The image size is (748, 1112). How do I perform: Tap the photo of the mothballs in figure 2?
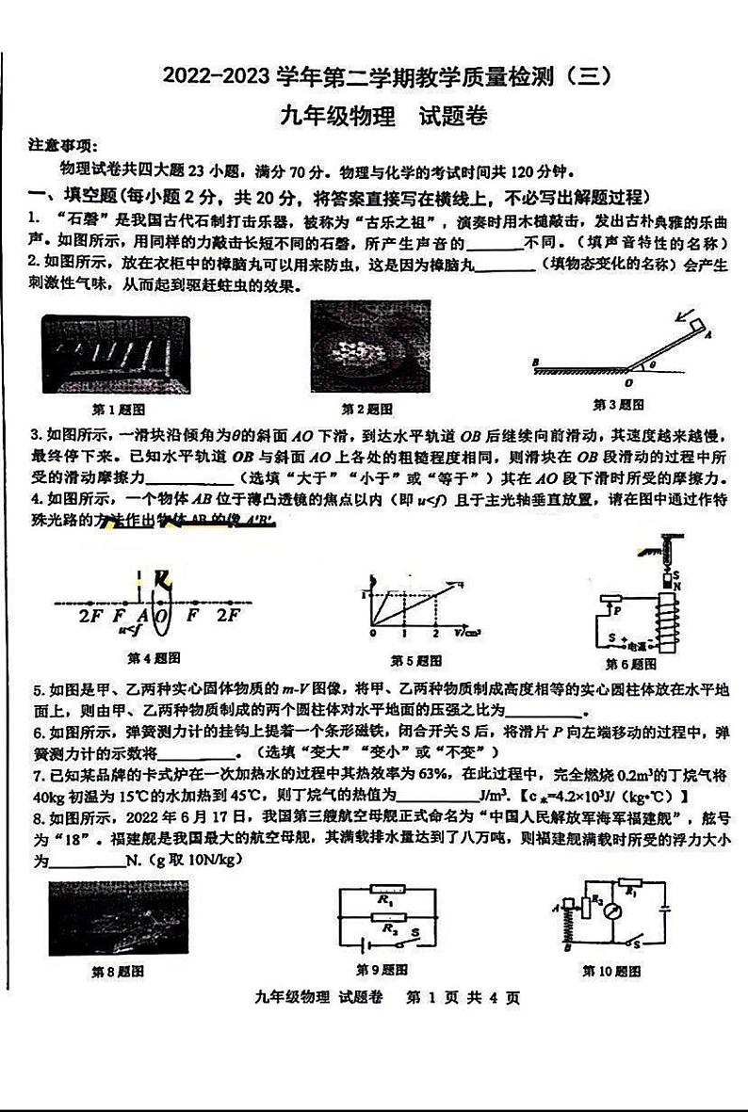pos(369,347)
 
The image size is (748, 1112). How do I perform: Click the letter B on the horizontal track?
pos(535,362)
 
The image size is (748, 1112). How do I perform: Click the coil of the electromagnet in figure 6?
pos(671,622)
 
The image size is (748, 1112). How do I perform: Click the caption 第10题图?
pos(612,970)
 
